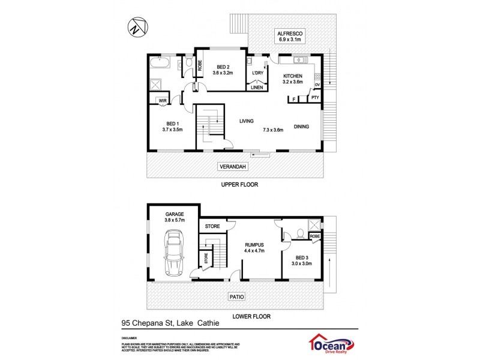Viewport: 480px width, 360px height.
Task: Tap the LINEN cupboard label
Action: coord(257,87)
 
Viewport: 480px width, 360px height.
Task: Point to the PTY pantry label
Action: coord(315,98)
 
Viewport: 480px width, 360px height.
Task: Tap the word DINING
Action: coord(302,126)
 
